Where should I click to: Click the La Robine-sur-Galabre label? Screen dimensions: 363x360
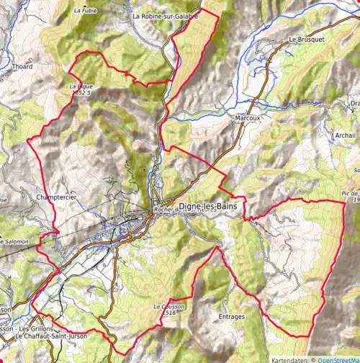point(165,15)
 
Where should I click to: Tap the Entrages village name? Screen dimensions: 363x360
point(231,316)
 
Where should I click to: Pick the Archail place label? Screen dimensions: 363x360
point(346,135)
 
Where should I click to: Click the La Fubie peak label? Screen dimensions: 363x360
point(85,11)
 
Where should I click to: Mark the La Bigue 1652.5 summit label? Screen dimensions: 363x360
point(81,89)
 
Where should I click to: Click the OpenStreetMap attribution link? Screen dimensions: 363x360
point(338,359)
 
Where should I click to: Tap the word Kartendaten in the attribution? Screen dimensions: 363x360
point(289,359)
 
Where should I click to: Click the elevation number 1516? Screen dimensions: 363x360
point(170,313)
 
